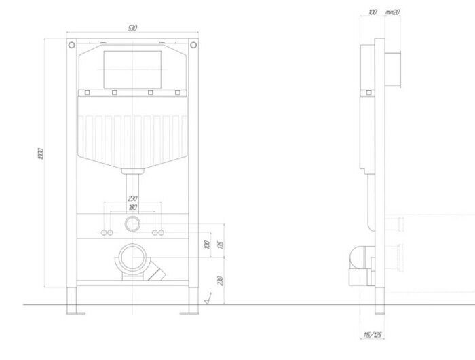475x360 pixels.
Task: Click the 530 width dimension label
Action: [x=132, y=28]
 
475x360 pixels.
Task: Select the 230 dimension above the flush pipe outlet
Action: [x=132, y=198]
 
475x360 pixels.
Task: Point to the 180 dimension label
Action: [x=132, y=206]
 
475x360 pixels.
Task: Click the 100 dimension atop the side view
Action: [x=373, y=12]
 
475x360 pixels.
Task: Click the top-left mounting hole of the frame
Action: [x=71, y=46]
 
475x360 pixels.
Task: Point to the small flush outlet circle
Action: [x=132, y=223]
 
